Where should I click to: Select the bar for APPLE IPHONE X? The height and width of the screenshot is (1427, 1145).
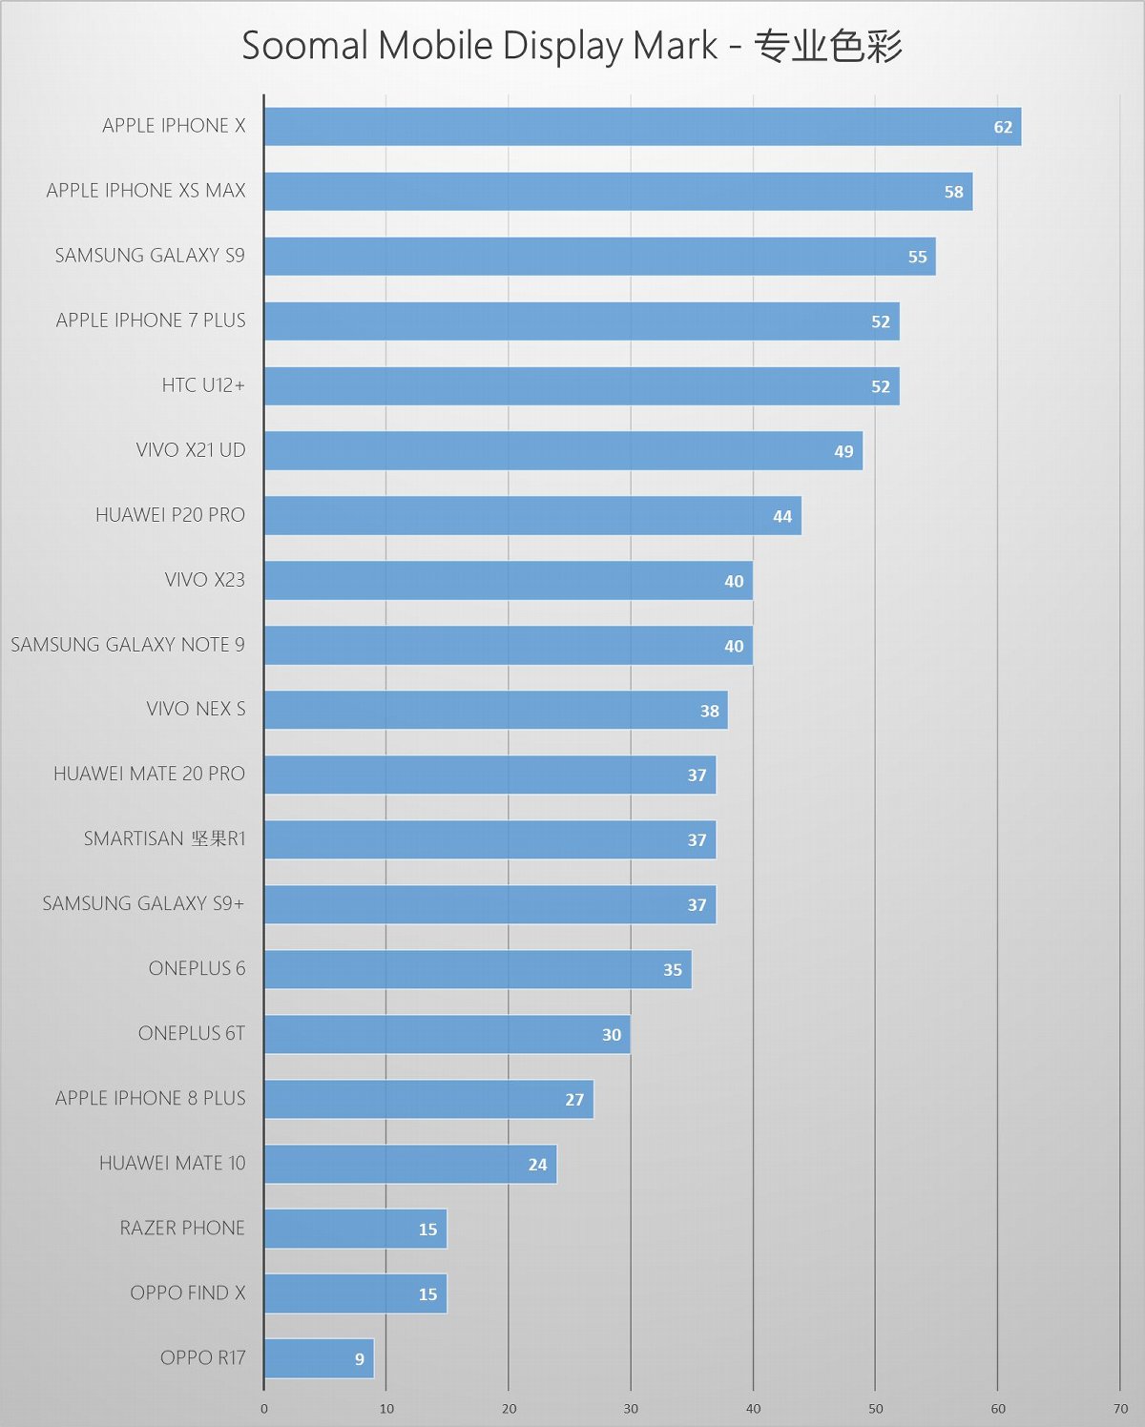[642, 127]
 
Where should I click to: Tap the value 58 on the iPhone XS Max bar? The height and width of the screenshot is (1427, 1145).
[953, 192]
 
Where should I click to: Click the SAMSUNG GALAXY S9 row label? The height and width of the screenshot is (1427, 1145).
[150, 256]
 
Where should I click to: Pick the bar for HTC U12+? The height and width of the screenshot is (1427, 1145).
[581, 386]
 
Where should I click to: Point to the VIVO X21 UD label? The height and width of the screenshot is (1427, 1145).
[191, 450]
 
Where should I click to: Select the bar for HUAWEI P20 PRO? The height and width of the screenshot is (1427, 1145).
[532, 516]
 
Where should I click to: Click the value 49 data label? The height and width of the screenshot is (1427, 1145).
[843, 451]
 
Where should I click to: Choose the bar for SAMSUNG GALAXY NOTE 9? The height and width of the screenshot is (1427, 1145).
[508, 646]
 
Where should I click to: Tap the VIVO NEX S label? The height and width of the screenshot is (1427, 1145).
[196, 709]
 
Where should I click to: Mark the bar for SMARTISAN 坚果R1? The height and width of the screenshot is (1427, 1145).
[489, 839]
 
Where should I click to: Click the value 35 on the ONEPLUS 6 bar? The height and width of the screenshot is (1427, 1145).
[673, 970]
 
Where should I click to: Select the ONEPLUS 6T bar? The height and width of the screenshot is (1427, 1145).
[447, 1034]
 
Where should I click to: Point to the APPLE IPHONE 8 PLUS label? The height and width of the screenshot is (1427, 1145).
[151, 1098]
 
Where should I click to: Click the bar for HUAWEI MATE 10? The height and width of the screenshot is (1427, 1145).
[410, 1164]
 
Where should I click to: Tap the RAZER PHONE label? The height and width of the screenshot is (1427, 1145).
[182, 1228]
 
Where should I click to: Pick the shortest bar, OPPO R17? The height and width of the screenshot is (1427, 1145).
[319, 1358]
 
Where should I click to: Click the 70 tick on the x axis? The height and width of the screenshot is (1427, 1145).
[1120, 1409]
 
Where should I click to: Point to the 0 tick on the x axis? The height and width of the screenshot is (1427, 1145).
[264, 1409]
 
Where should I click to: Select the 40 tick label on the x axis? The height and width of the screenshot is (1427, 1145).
[753, 1409]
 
